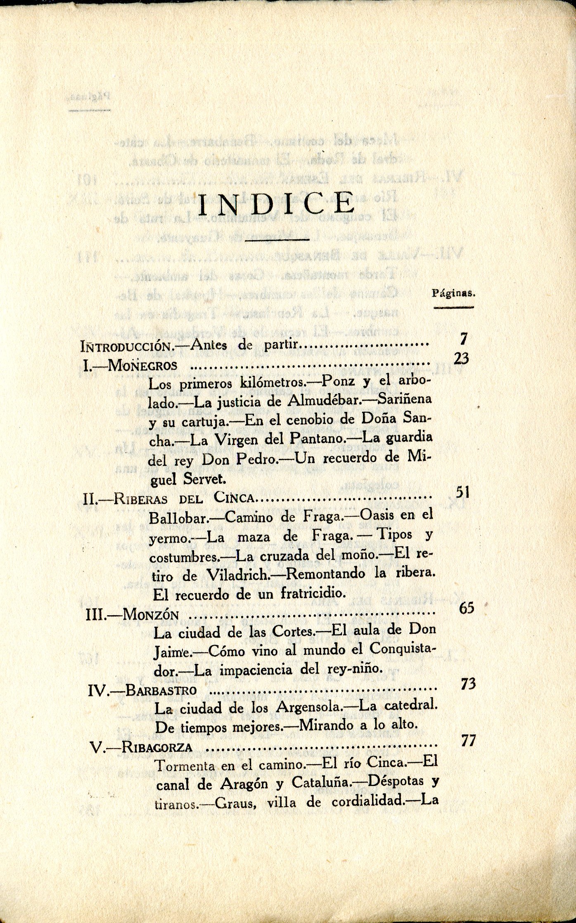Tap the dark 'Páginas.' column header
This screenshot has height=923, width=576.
pyautogui.click(x=453, y=294)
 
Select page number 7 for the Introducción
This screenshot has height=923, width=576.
pyautogui.click(x=463, y=339)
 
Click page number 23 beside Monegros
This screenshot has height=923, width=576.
pyautogui.click(x=461, y=359)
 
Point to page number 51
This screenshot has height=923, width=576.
pyautogui.click(x=462, y=492)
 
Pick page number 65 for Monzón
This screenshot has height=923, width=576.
pyautogui.click(x=467, y=608)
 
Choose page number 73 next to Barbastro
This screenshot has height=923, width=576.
pyautogui.click(x=468, y=684)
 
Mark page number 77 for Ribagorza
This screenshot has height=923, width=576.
pyautogui.click(x=468, y=741)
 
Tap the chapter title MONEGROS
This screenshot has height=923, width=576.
pyautogui.click(x=142, y=366)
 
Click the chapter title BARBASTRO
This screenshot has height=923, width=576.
pyautogui.click(x=161, y=690)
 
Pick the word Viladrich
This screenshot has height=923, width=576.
pyautogui.click(x=237, y=575)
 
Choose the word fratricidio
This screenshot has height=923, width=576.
pyautogui.click(x=313, y=594)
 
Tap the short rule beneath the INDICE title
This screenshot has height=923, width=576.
pyautogui.click(x=277, y=239)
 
